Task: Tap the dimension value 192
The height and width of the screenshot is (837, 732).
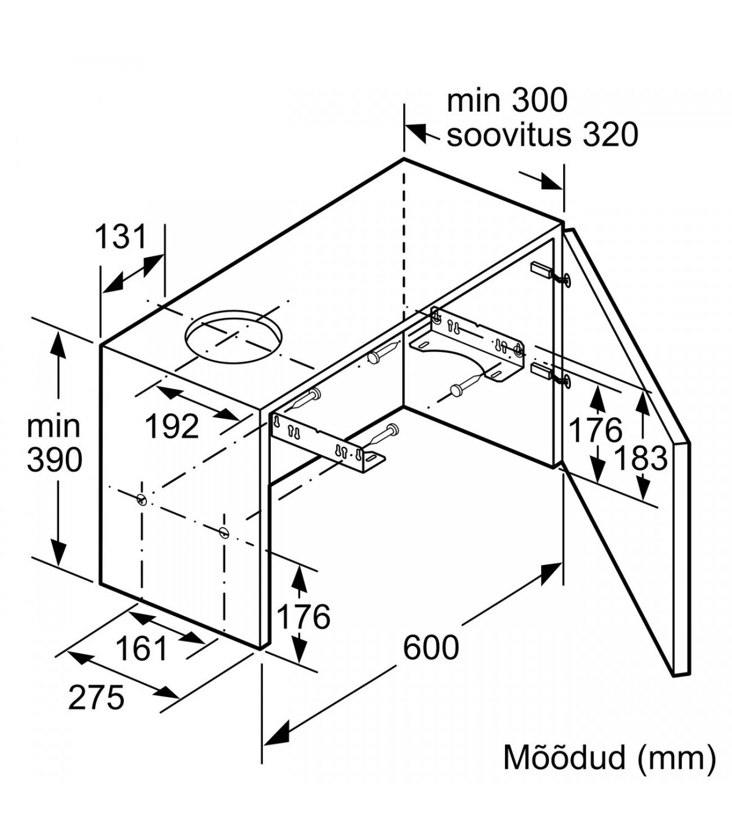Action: [x=172, y=426]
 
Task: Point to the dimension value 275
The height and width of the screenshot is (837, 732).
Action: [x=96, y=698]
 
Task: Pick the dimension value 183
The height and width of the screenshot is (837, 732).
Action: [x=640, y=458]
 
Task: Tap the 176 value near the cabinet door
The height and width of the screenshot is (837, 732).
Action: [x=595, y=430]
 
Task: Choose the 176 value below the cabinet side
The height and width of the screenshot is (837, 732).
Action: [x=303, y=617]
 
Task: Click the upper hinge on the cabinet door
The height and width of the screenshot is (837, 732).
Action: [x=551, y=274]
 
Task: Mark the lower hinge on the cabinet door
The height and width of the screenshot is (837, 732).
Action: [x=551, y=375]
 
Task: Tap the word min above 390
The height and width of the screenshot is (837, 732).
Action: [x=54, y=426]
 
